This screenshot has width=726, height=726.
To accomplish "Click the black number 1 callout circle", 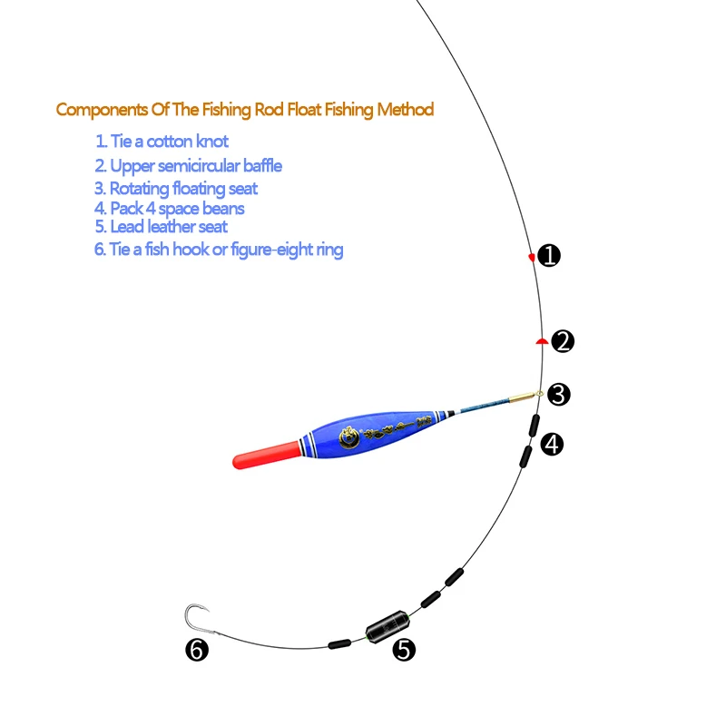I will [549, 256].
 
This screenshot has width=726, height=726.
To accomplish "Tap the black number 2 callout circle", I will [563, 341].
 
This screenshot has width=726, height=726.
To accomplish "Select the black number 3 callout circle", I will [559, 394].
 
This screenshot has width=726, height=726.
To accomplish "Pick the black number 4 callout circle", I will [552, 444].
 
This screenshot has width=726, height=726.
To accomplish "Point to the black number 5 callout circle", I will [404, 649].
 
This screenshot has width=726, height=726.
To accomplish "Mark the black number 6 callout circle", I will [197, 650].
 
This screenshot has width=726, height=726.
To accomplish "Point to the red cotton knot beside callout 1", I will [532, 258].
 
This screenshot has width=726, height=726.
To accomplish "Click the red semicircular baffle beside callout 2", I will [540, 341].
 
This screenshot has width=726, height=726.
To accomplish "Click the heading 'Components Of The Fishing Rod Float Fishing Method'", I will [245, 110].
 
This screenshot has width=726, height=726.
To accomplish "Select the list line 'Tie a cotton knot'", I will [162, 142].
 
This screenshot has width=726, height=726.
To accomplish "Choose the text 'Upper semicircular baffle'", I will [188, 166].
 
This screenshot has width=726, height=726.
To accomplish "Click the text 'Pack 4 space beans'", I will [170, 209].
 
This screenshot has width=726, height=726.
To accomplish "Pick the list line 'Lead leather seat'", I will [161, 227].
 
